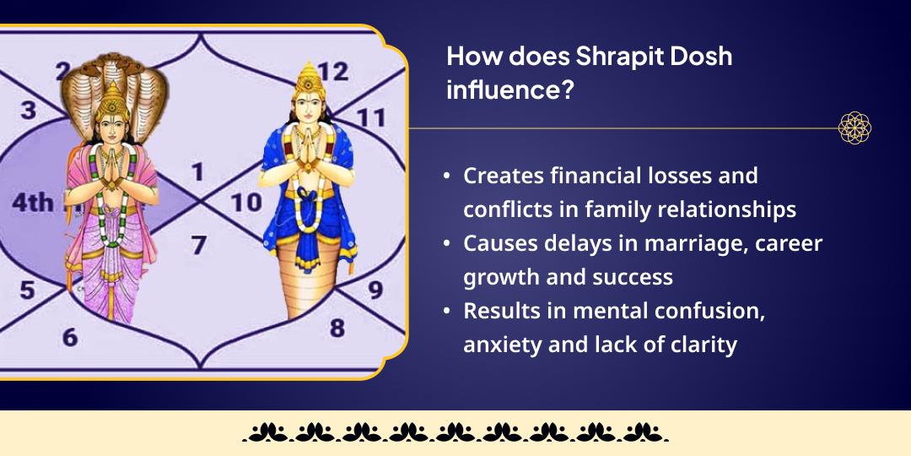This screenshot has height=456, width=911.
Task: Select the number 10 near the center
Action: point(247,203)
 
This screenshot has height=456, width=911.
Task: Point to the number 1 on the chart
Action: point(197,173)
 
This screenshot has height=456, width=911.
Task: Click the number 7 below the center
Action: point(198,246)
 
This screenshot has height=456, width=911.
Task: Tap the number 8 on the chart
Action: point(337,327)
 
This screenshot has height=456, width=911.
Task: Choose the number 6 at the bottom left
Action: point(70,337)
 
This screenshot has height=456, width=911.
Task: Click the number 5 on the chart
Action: point(27,290)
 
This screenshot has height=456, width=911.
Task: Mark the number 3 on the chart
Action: point(30,111)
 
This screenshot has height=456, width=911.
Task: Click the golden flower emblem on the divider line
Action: point(854,128)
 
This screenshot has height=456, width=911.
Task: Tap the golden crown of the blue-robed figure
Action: point(307,78)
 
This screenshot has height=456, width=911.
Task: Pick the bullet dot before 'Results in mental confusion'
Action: point(447,311)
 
